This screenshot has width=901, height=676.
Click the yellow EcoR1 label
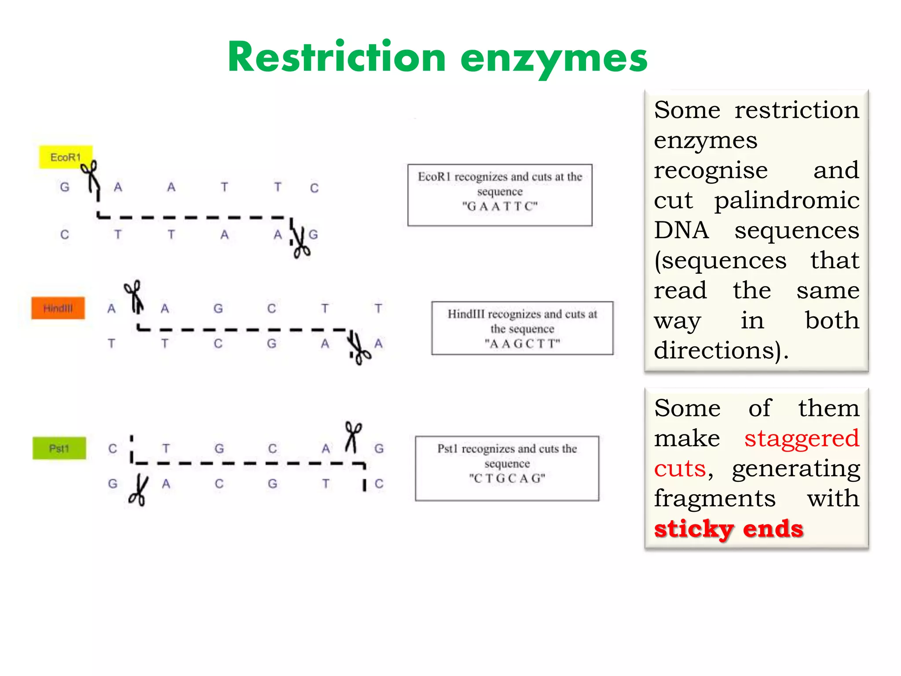pos(66,157)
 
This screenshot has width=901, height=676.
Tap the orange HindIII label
pos(58,308)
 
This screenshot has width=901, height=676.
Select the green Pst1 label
pos(59,448)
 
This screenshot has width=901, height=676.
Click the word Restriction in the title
pos(337,58)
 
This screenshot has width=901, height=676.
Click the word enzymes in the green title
pos(554,59)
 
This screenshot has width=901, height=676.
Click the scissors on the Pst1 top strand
pos(353,437)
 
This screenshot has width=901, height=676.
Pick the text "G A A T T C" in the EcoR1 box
pos(500,206)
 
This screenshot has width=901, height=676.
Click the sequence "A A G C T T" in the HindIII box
pos(522,344)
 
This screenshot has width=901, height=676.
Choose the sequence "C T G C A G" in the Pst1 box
pos(507,478)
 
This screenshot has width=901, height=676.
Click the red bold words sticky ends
pos(729,529)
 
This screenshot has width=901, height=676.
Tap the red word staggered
pos(802,438)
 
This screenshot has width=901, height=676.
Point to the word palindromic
pos(787,200)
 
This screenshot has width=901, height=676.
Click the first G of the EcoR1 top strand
pos(65,187)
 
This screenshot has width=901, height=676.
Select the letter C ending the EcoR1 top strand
pos(314,188)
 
